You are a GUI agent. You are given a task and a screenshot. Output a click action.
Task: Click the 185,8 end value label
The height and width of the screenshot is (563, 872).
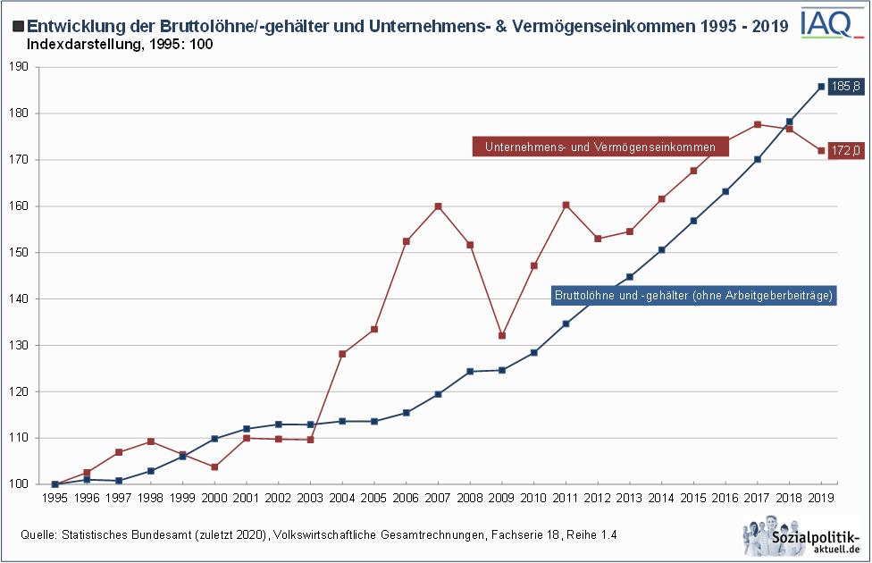pyautogui.click(x=844, y=87)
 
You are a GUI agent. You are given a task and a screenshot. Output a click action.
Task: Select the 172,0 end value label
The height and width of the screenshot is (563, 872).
pyautogui.click(x=844, y=150)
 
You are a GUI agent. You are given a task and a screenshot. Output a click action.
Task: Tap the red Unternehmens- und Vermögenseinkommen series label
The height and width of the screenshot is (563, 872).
pyautogui.click(x=600, y=147)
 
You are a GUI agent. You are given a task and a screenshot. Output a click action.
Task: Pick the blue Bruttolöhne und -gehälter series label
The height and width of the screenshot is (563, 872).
pyautogui.click(x=693, y=295)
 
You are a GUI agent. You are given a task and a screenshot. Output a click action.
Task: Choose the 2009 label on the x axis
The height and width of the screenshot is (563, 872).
pyautogui.click(x=502, y=498)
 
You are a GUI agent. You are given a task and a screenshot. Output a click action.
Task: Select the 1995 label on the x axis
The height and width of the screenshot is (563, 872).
pyautogui.click(x=54, y=498)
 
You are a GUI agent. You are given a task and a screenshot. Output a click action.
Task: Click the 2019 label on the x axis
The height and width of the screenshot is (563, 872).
pyautogui.click(x=821, y=498)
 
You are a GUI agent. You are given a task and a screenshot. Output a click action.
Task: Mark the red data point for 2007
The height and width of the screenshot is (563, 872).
pyautogui.click(x=438, y=206)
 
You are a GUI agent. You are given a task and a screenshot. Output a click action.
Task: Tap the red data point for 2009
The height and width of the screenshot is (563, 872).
pyautogui.click(x=502, y=336)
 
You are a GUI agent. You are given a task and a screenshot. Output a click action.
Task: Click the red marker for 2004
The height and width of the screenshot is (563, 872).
pyautogui.click(x=342, y=354)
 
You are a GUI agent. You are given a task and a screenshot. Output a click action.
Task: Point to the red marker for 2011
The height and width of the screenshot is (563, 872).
pyautogui.click(x=566, y=205)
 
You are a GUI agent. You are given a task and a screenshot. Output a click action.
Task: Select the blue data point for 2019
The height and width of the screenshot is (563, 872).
pyautogui.click(x=821, y=87)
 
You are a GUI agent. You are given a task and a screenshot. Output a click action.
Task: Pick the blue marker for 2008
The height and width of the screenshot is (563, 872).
pyautogui.click(x=470, y=372)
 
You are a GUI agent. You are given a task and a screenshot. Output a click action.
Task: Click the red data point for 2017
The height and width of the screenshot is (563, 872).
pyautogui.click(x=758, y=124)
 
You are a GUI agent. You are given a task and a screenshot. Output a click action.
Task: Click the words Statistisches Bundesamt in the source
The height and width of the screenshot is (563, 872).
pyautogui.click(x=121, y=534)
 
